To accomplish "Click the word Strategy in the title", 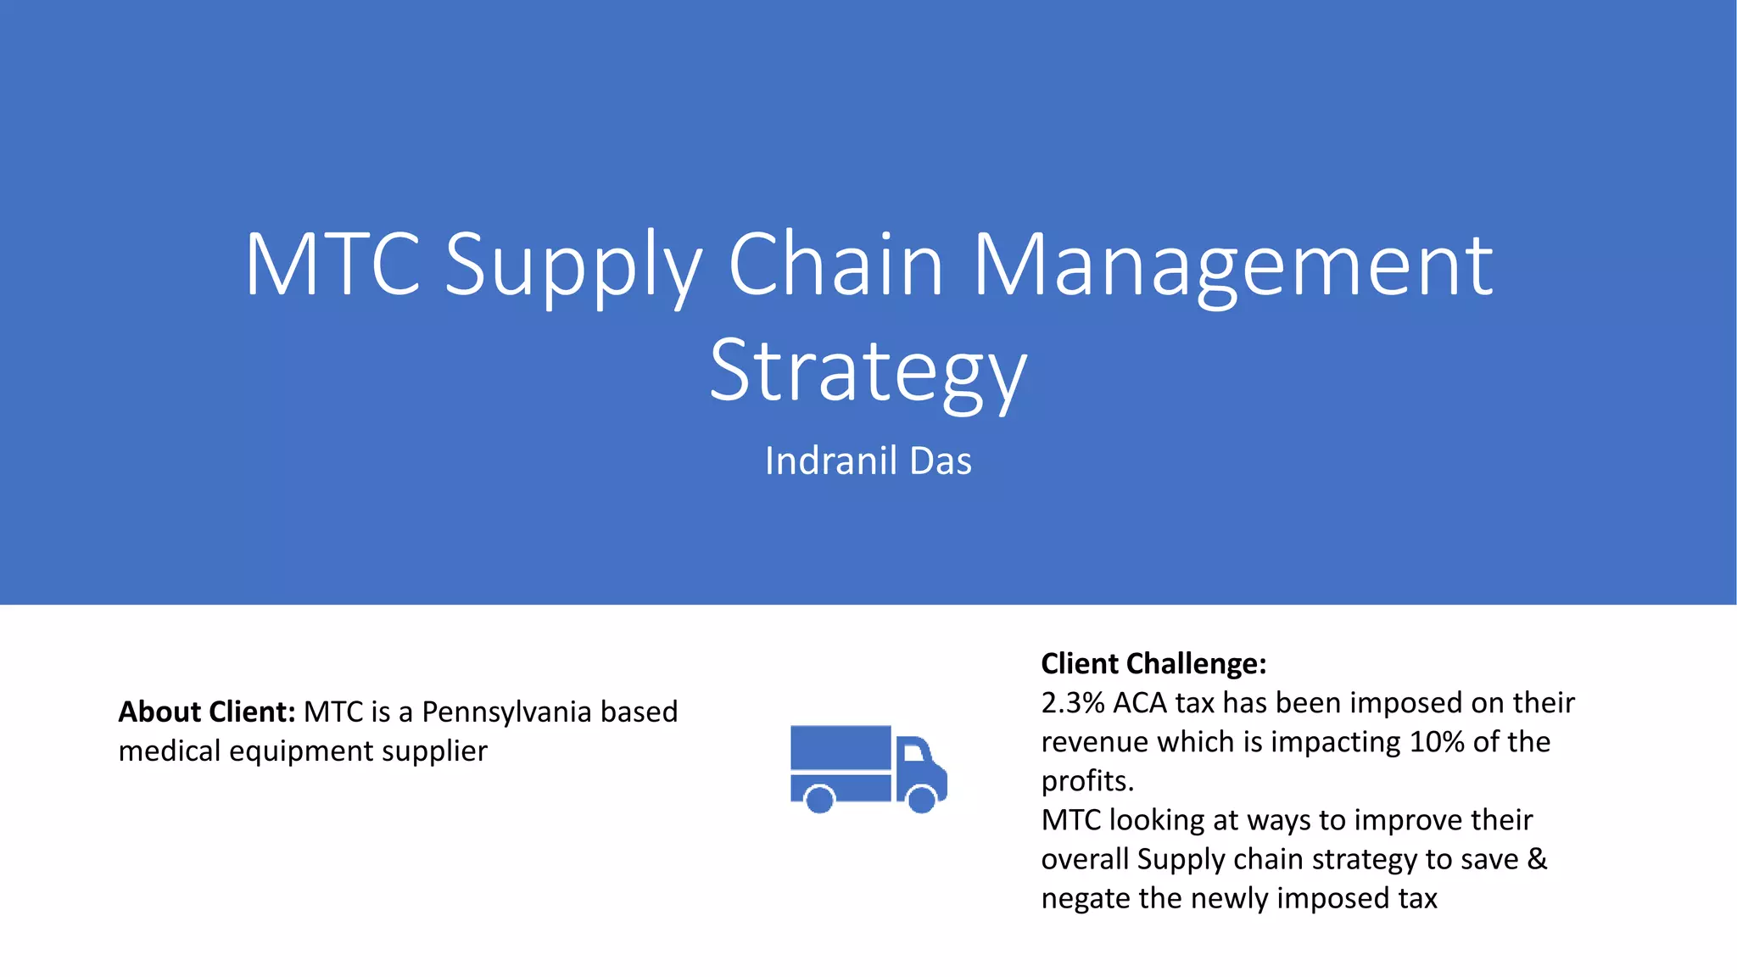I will (868, 371).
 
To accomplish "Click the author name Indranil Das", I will (868, 461).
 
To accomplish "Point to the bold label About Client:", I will (206, 712).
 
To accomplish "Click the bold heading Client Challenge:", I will (1153, 663).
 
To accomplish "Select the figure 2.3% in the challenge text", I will (1072, 703).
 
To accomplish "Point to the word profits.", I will (1086, 781).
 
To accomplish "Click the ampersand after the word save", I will (1537, 859).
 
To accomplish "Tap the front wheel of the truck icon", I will (921, 798).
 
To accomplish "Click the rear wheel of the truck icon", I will (819, 798).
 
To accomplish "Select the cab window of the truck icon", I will (913, 752).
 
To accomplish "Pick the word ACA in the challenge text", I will (1140, 703).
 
